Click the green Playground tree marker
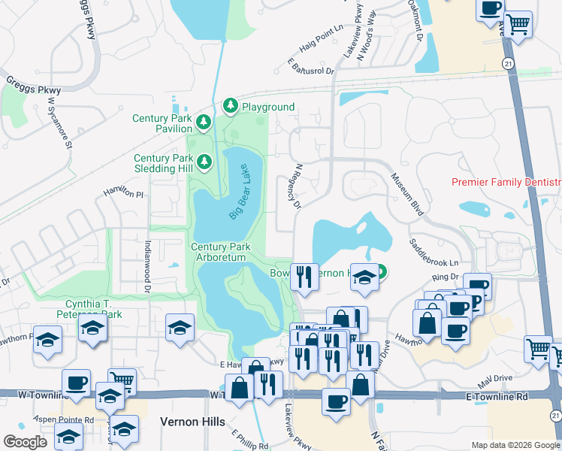click(231, 107)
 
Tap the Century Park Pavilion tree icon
click(203, 123)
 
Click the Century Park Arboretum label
click(219, 252)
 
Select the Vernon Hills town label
click(192, 422)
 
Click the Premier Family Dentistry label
click(506, 183)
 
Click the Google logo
click(26, 441)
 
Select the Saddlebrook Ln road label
click(434, 253)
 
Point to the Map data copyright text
click(515, 445)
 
